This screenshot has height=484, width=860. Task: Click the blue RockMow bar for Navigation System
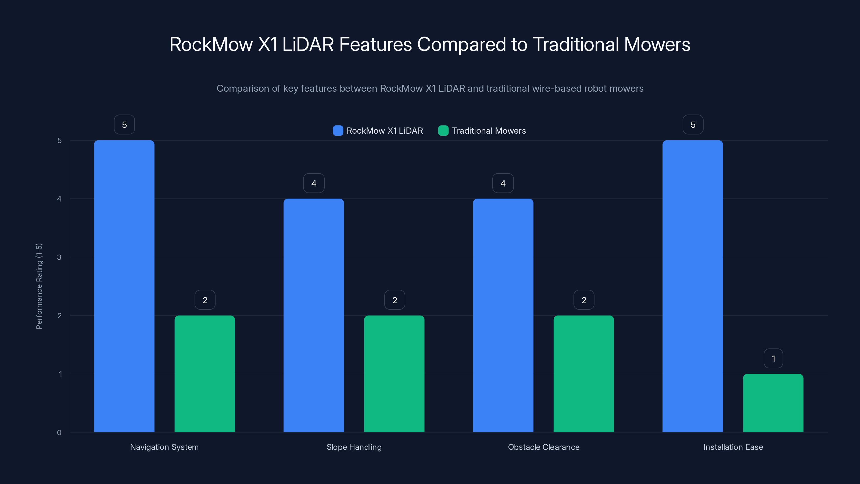tap(124, 286)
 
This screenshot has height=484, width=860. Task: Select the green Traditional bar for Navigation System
tap(205, 374)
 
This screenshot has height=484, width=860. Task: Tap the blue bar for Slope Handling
tap(313, 315)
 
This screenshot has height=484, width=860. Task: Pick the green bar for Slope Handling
tap(394, 374)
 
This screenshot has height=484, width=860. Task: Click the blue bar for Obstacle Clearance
tap(503, 315)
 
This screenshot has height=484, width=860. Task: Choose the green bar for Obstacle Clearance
tap(583, 374)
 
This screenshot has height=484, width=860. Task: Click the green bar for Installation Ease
tap(773, 403)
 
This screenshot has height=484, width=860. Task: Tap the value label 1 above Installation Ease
tap(773, 358)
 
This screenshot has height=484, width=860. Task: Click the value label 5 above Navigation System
tap(124, 124)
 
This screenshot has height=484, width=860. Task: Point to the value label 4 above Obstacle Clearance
tap(503, 183)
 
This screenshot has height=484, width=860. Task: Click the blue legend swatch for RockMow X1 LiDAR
tap(338, 131)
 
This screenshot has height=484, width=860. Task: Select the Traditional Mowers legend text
tap(489, 131)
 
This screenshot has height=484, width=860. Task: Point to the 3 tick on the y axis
tap(59, 257)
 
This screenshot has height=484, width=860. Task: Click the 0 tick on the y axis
tap(59, 433)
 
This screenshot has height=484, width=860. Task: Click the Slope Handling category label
tap(354, 447)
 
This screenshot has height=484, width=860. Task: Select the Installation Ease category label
tap(733, 447)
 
